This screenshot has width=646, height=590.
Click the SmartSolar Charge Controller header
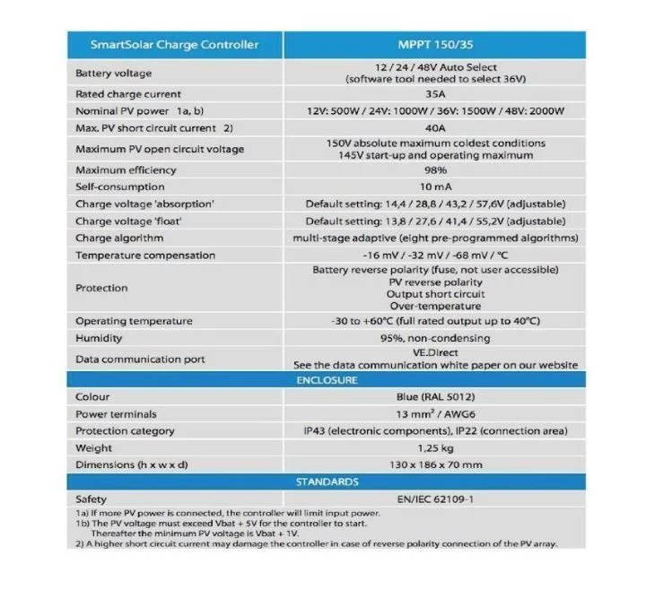[x=175, y=44]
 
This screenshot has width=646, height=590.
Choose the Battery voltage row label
[x=114, y=73]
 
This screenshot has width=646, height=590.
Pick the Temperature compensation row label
[x=145, y=256]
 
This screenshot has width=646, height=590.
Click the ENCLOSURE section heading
[x=327, y=380]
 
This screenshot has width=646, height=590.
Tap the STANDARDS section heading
[x=327, y=482]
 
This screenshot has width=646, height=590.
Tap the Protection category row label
[x=126, y=431]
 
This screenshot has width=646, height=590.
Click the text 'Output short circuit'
[x=435, y=294]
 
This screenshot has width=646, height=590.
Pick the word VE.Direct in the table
[x=435, y=353]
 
